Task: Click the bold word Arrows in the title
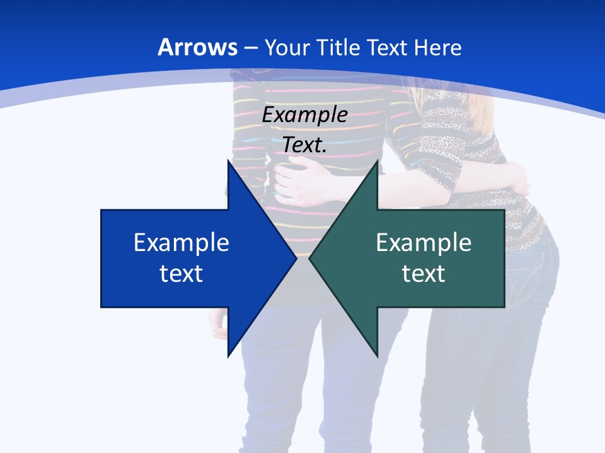point(197,47)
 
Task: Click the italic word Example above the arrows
point(305,115)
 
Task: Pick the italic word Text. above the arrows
point(305,145)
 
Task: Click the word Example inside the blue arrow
point(181,242)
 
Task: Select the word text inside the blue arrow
point(181,273)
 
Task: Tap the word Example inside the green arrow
point(423,242)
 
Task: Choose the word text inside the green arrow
point(423,273)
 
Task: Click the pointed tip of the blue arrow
point(296,258)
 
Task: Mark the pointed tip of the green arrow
point(310,258)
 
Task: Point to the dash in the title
point(251,48)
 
